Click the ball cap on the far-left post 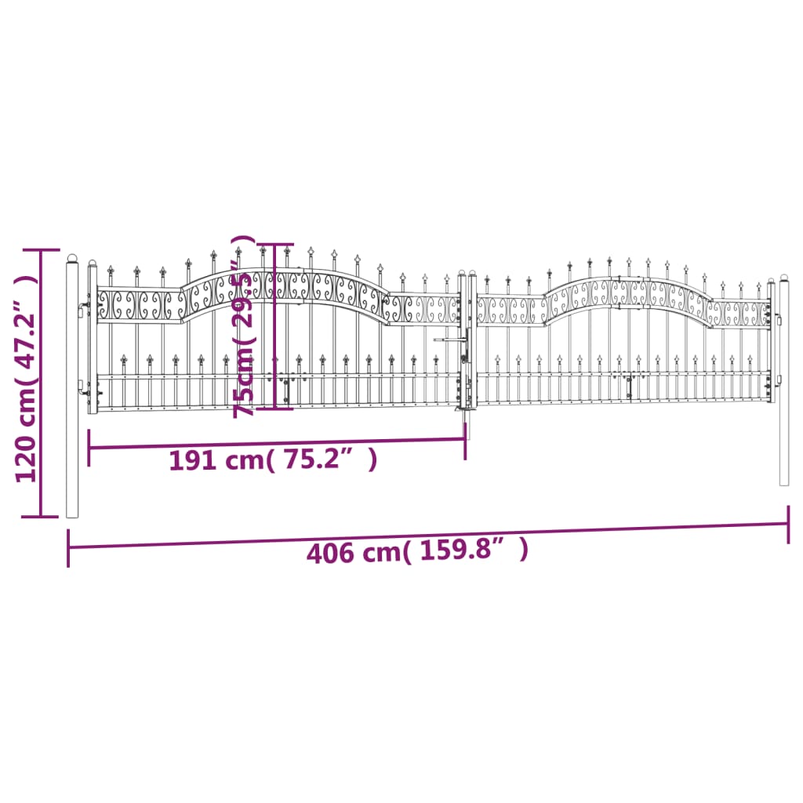(72, 258)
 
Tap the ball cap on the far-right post (783, 278)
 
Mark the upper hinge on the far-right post (779, 320)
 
